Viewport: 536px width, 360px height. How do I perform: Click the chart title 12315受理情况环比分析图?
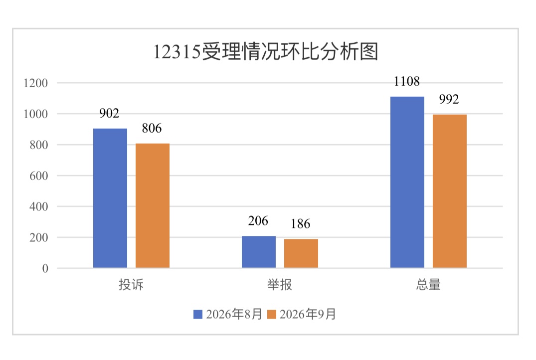[x=266, y=52]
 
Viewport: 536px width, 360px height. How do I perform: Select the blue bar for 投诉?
[x=110, y=198]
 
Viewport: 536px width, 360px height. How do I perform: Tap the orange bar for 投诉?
[x=153, y=206]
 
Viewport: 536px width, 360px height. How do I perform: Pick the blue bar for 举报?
[x=259, y=252]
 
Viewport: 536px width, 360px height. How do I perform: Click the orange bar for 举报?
[x=301, y=253]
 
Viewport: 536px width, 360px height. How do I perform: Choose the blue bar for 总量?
[x=407, y=182]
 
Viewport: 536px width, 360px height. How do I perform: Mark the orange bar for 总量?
[x=450, y=191]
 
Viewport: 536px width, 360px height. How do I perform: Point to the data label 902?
[x=109, y=113]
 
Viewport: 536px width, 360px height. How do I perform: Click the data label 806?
[x=152, y=128]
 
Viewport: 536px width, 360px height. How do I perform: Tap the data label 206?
[x=258, y=221]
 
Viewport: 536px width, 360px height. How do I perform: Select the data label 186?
[x=301, y=224]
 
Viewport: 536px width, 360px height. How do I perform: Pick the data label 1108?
[x=407, y=81]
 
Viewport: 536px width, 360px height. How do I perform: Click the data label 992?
[x=449, y=99]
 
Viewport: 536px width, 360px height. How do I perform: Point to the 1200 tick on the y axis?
[x=35, y=83]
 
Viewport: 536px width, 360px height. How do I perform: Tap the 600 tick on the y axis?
[x=38, y=176]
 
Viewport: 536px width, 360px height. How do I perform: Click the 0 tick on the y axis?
[x=45, y=268]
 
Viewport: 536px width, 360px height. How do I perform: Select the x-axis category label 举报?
[x=280, y=285]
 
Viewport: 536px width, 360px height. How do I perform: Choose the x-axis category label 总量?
[x=428, y=285]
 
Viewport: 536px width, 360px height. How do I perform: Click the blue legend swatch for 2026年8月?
[x=198, y=314]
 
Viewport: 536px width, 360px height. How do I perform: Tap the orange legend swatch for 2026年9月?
[x=271, y=314]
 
